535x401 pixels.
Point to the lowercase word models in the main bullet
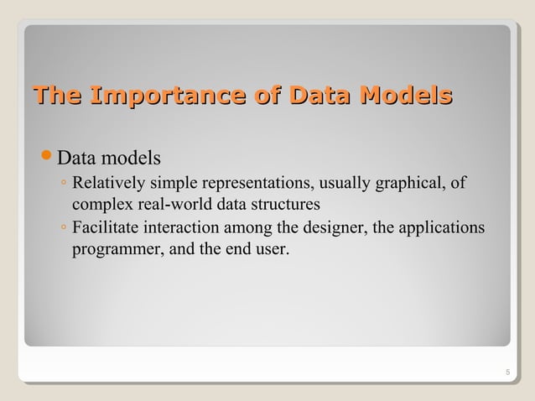coord(131,159)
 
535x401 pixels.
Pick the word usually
coord(347,183)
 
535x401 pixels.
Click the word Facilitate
coord(106,228)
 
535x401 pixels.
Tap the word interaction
coord(179,228)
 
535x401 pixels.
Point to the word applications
coord(442,228)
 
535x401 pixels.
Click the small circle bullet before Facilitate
coord(63,229)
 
